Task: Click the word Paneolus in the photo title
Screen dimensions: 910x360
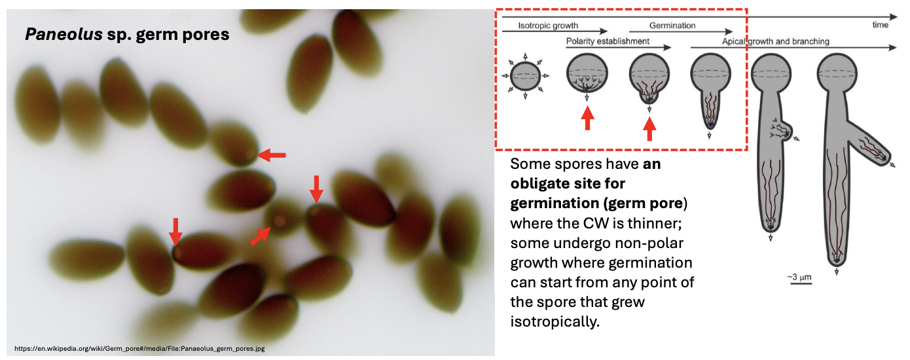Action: click(64, 34)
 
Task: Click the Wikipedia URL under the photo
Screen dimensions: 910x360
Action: click(139, 349)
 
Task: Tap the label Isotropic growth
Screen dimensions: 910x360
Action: click(548, 26)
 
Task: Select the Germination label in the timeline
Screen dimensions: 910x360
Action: click(672, 26)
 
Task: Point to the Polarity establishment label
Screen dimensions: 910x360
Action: click(608, 41)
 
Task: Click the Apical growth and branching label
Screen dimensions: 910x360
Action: click(776, 41)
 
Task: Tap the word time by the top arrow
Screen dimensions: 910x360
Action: click(881, 25)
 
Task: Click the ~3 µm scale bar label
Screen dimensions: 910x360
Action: click(799, 277)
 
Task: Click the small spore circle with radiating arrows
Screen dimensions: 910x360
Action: click(525, 76)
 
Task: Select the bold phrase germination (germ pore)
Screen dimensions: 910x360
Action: click(599, 203)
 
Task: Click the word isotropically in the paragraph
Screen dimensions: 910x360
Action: click(555, 322)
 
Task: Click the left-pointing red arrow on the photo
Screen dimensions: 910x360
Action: click(272, 155)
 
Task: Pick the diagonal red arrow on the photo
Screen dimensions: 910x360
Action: click(261, 236)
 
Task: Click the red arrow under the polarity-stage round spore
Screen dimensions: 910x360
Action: click(587, 118)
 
